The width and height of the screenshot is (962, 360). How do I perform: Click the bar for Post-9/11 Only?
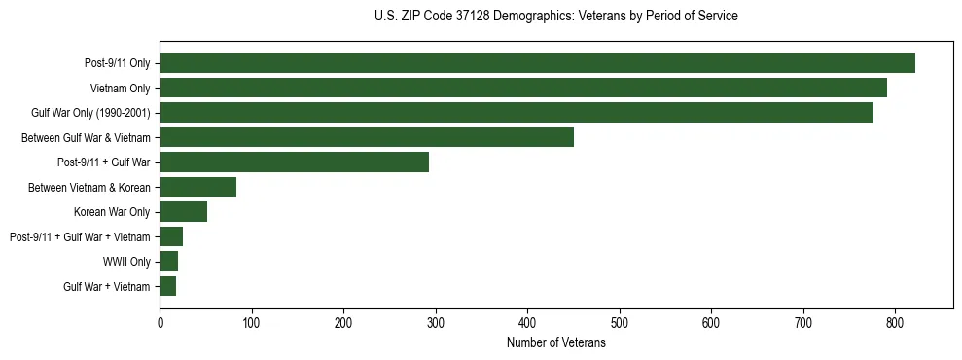point(537,63)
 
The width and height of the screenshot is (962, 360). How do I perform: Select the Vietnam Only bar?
point(523,88)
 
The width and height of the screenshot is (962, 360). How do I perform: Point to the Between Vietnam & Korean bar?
point(198,187)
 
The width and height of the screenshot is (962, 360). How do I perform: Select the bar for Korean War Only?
point(184,211)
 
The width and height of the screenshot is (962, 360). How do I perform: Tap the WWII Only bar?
point(169,261)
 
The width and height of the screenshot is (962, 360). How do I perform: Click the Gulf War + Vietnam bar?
point(168,286)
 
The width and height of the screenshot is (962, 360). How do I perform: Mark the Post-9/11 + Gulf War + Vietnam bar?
point(171,236)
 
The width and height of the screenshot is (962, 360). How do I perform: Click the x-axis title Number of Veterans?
point(556,343)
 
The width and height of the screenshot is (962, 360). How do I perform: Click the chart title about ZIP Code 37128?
point(556,17)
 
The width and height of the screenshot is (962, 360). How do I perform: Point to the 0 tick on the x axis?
point(160,322)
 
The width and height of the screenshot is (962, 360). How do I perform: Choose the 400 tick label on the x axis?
point(527,322)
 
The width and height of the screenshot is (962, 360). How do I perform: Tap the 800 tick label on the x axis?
point(895,322)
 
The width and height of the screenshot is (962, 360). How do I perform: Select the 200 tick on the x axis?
point(343,322)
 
